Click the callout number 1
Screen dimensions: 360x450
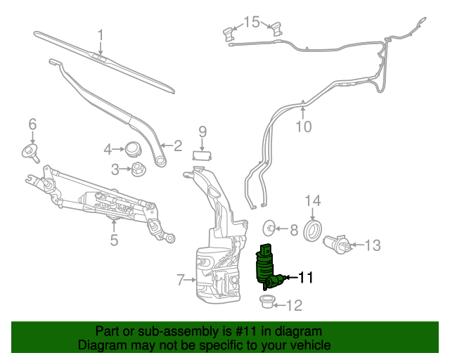pyautogui.click(x=101, y=34)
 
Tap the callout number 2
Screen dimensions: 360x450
pyautogui.click(x=178, y=146)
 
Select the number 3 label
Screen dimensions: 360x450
pyautogui.click(x=115, y=169)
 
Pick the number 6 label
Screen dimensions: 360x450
pyautogui.click(x=32, y=125)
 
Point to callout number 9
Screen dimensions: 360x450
pyautogui.click(x=202, y=131)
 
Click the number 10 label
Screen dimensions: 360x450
pyautogui.click(x=303, y=127)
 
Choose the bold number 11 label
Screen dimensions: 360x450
pyautogui.click(x=306, y=278)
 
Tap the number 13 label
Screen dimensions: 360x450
pyautogui.click(x=372, y=245)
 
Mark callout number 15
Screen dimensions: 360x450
pyautogui.click(x=252, y=22)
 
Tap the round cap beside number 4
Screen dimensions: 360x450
pyautogui.click(x=132, y=148)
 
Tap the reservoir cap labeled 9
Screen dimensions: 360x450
pyautogui.click(x=202, y=156)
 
